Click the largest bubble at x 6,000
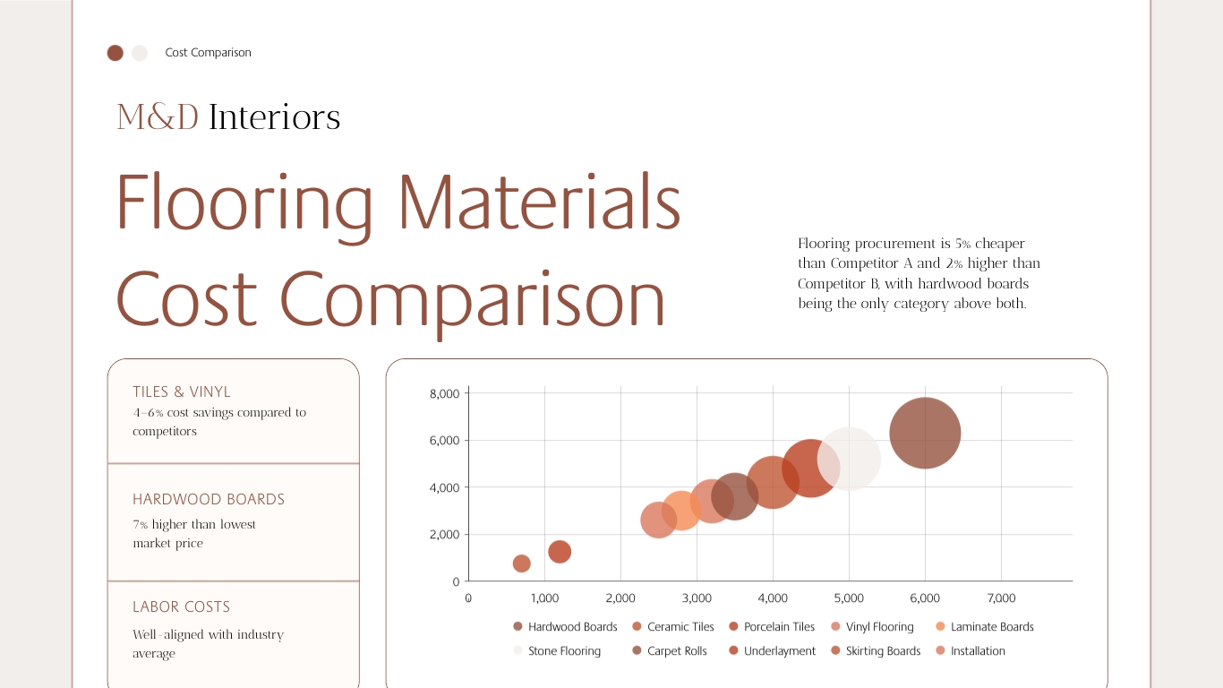click(x=925, y=433)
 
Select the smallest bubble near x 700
click(x=521, y=563)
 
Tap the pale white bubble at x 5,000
click(x=849, y=459)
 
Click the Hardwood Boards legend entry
click(x=565, y=627)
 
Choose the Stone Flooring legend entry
click(x=557, y=651)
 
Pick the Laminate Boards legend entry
click(x=984, y=627)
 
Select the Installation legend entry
click(x=970, y=651)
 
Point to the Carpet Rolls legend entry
click(x=669, y=651)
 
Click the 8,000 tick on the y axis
click(x=444, y=393)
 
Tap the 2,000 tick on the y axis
click(x=444, y=535)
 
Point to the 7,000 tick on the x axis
click(x=1001, y=598)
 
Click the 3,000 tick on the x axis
click(x=697, y=598)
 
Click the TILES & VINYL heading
click(x=182, y=391)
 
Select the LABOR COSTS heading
click(x=182, y=606)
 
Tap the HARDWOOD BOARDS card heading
click(x=209, y=499)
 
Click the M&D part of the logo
click(x=158, y=117)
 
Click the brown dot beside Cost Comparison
click(x=115, y=53)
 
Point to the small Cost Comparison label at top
click(x=208, y=53)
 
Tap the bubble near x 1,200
click(x=560, y=552)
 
